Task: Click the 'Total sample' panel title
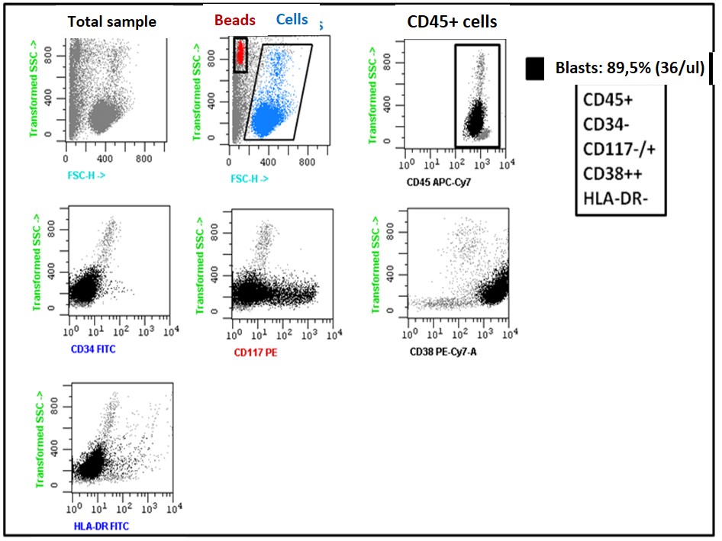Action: coord(111,21)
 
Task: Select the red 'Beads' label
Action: coord(235,20)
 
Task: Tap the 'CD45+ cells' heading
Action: coord(451,21)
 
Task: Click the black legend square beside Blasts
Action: coord(535,69)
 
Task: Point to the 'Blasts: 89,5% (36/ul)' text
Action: coord(628,68)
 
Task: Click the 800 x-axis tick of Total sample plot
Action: coord(143,159)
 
